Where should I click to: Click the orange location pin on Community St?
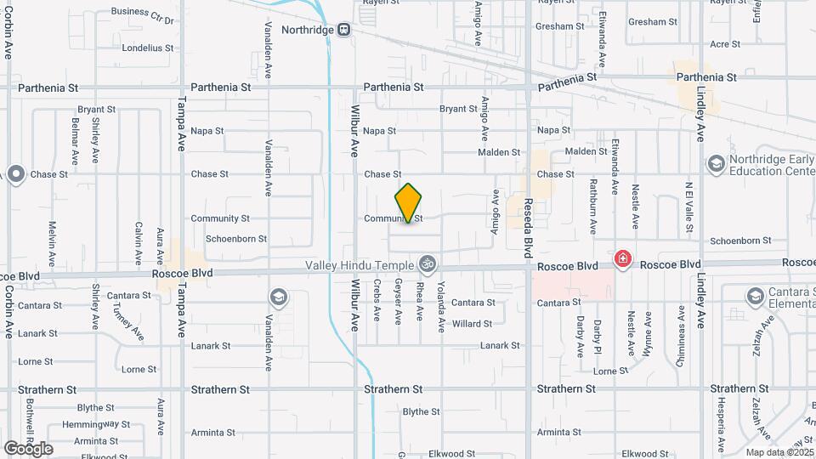[x=409, y=202]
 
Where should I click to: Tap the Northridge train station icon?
[x=343, y=30]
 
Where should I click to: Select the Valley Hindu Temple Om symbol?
[x=427, y=265]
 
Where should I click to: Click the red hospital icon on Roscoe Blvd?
[x=623, y=258]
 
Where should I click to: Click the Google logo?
[x=27, y=448]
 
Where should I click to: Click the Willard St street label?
[x=472, y=324]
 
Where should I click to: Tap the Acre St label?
[x=724, y=44]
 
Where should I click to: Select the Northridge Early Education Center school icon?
[x=716, y=162]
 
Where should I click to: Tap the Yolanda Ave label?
[x=441, y=309]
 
